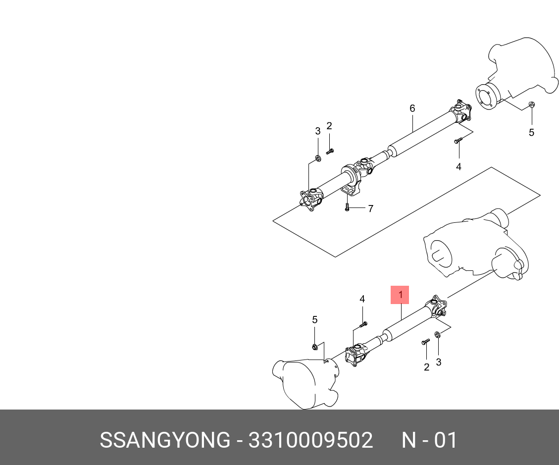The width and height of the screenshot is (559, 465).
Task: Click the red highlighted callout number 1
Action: [400, 295]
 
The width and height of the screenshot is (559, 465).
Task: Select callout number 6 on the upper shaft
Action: [412, 108]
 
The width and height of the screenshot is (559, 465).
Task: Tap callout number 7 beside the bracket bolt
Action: [370, 208]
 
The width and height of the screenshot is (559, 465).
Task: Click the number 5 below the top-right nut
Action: [531, 132]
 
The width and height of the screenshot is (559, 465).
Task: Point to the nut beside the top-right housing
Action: [531, 104]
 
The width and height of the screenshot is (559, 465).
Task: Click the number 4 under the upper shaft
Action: [458, 167]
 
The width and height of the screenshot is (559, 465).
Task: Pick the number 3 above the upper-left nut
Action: [318, 131]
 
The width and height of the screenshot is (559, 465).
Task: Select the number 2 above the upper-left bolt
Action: [329, 126]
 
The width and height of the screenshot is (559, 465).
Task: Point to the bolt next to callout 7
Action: [347, 207]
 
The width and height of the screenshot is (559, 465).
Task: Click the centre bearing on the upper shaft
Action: [350, 177]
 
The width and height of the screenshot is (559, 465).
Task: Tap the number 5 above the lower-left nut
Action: [314, 320]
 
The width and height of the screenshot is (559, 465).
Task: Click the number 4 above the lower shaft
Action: [362, 299]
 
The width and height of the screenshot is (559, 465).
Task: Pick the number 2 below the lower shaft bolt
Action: [426, 367]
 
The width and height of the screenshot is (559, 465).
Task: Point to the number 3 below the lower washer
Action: [438, 362]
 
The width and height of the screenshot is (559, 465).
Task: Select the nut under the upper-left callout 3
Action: [318, 158]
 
